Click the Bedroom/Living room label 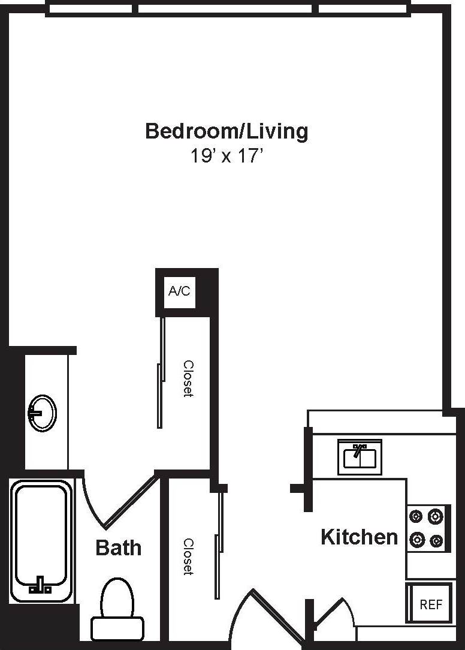click(x=227, y=131)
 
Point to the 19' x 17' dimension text click(x=227, y=157)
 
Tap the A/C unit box click(x=179, y=292)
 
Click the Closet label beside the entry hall click(x=188, y=556)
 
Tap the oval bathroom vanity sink click(x=42, y=413)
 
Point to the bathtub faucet click(x=41, y=585)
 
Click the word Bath click(x=119, y=547)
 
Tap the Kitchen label click(x=359, y=537)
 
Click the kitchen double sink click(x=360, y=457)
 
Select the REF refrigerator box click(x=430, y=604)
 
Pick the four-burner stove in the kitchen click(x=428, y=528)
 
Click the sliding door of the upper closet click(x=161, y=372)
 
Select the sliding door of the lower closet click(x=219, y=543)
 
